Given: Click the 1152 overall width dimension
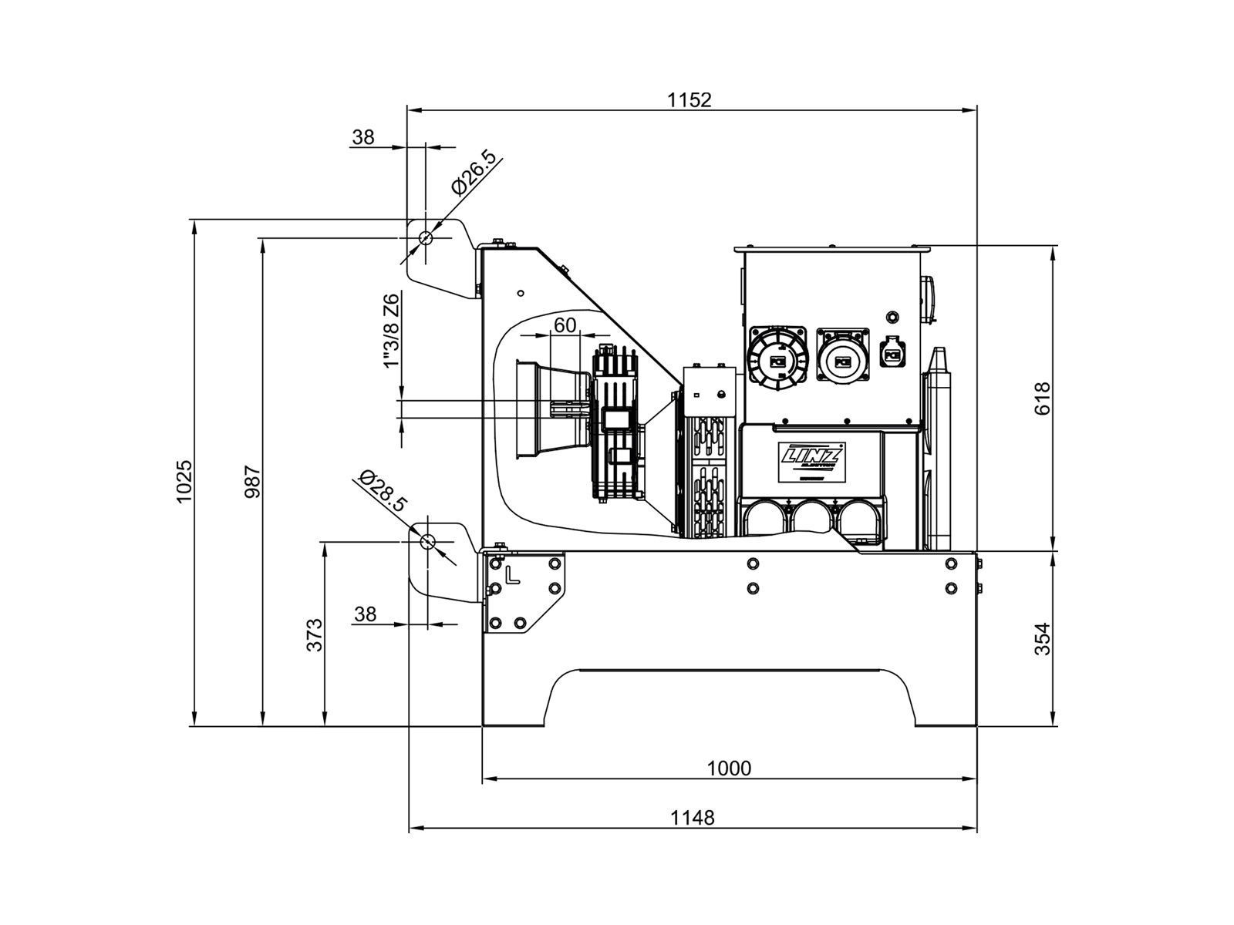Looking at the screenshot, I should pyautogui.click(x=689, y=99).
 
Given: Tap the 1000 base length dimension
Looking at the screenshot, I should pyautogui.click(x=729, y=768).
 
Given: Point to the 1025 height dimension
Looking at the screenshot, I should pyautogui.click(x=184, y=482).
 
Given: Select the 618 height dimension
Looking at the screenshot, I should pyautogui.click(x=1042, y=398).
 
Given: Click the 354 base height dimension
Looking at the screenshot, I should pyautogui.click(x=1042, y=638).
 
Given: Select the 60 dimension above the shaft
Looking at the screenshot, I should pyautogui.click(x=565, y=325).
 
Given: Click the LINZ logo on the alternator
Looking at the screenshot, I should pyautogui.click(x=813, y=456).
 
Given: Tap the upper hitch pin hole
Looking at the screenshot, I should pyautogui.click(x=425, y=238).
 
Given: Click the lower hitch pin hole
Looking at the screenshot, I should pyautogui.click(x=427, y=541).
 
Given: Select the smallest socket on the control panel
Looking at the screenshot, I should pyautogui.click(x=893, y=355).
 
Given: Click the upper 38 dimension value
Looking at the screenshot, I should pyautogui.click(x=362, y=137).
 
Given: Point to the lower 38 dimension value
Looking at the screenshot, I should pyautogui.click(x=365, y=614).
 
